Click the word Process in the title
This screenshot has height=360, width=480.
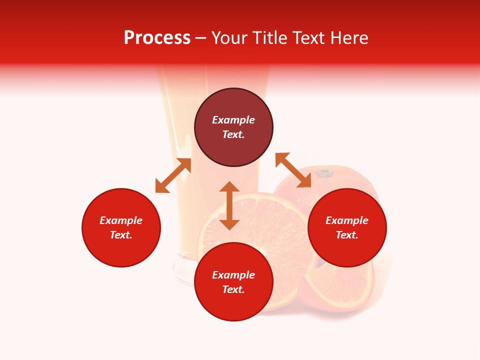(157, 38)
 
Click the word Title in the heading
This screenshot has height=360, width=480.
(269, 38)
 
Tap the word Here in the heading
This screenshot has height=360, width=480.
(348, 38)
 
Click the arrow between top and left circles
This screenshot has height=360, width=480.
(173, 175)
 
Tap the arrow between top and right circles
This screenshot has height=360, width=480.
(293, 170)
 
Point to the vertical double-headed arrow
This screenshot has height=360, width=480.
(229, 205)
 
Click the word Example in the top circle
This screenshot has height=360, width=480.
(233, 120)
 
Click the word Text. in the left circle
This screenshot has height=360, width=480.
(121, 235)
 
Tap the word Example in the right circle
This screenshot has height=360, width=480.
(347, 220)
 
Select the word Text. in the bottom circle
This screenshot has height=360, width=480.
(233, 289)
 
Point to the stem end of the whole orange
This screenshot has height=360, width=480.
(324, 173)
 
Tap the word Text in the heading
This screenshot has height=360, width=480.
(309, 38)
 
